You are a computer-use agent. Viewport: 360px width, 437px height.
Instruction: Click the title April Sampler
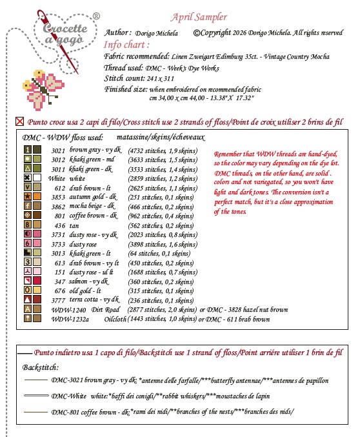coord(199,17)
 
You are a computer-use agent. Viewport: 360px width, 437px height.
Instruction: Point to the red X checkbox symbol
coord(19,121)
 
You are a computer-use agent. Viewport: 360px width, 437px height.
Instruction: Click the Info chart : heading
coord(127,45)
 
